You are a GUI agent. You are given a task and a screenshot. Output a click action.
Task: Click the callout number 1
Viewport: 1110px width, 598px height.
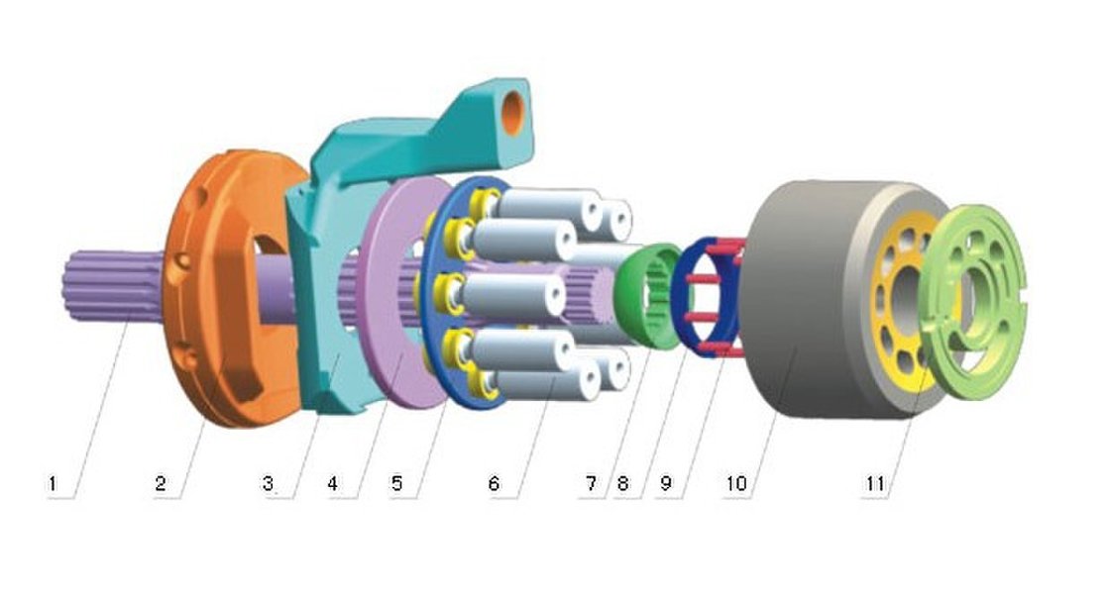tap(52, 484)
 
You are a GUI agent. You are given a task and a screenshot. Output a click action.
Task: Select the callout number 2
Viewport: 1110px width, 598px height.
tap(161, 484)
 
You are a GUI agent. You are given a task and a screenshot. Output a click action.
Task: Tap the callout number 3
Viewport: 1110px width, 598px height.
tap(268, 484)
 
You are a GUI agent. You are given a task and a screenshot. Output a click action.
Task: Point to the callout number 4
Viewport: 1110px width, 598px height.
tap(333, 484)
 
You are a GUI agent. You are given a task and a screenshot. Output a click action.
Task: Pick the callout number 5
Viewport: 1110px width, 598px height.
tap(397, 484)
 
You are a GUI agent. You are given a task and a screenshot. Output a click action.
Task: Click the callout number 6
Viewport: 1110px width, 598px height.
tap(495, 484)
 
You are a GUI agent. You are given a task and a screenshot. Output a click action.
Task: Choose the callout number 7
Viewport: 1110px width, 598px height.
tap(591, 484)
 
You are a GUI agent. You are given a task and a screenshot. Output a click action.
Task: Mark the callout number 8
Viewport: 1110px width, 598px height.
tap(623, 484)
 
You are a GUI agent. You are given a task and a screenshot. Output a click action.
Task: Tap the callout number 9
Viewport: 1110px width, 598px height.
tap(666, 484)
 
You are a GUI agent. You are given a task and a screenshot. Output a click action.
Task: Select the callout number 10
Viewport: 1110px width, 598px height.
tap(736, 484)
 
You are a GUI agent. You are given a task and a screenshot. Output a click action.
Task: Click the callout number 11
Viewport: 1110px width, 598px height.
tap(876, 484)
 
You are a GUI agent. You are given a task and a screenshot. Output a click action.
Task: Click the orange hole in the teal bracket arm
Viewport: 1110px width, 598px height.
tap(512, 113)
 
